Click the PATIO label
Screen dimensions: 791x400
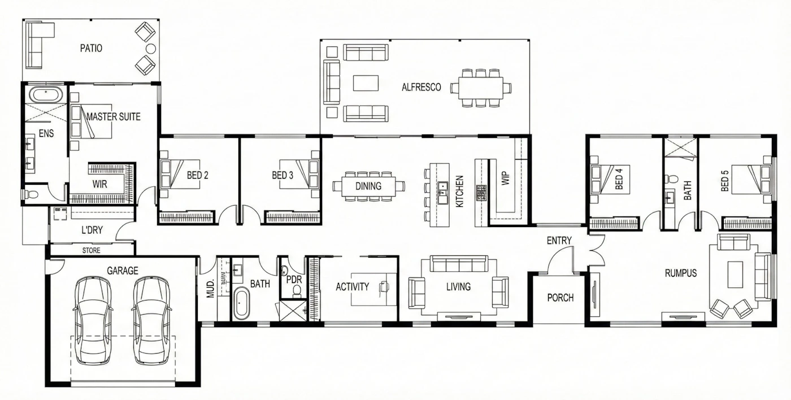point(91,48)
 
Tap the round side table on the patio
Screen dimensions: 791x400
point(151,49)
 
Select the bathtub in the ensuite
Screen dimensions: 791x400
point(46,94)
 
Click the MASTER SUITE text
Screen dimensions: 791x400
point(114,116)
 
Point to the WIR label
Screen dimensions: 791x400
point(99,184)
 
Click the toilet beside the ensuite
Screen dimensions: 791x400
point(32,194)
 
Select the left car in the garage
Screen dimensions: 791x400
point(93,320)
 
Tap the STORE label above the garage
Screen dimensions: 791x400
point(92,250)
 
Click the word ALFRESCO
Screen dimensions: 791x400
point(421,87)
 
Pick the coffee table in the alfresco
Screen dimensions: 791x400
point(366,83)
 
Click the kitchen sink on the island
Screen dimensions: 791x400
point(442,193)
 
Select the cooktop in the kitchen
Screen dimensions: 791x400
point(481,193)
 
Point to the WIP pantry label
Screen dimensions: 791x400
point(506,179)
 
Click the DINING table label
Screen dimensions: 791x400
point(368,186)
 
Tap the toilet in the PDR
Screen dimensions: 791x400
point(297,292)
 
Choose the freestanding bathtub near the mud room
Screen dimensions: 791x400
point(242,303)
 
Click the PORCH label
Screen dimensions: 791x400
point(560,298)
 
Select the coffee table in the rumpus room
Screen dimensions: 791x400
point(735,275)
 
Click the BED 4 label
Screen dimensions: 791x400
point(619,179)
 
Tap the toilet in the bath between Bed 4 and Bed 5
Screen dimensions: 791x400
point(672,179)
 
